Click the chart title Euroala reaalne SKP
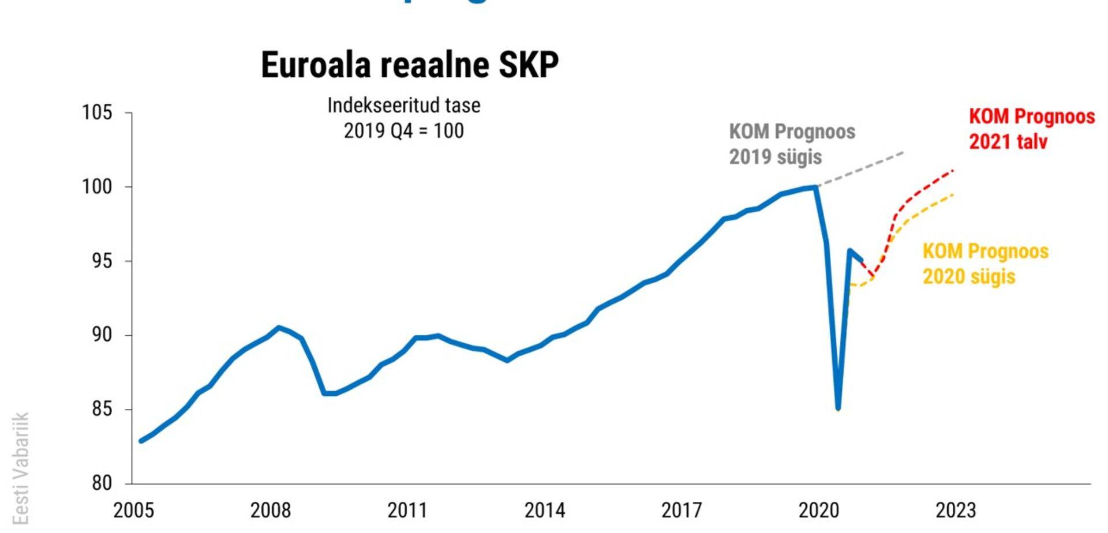(x=410, y=65)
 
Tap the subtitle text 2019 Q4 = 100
(x=403, y=131)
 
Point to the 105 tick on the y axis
(x=97, y=112)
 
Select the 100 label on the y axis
(x=97, y=186)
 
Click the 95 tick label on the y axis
(x=101, y=261)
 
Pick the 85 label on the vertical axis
(x=101, y=409)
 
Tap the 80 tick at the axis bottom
(x=101, y=483)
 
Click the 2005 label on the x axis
(x=133, y=510)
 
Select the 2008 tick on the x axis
(x=270, y=510)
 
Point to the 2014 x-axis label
(x=544, y=510)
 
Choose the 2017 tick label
(x=681, y=510)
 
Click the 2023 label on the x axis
(x=955, y=510)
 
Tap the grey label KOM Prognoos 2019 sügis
(x=792, y=144)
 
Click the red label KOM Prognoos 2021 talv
(x=1031, y=129)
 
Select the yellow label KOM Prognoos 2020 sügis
(x=985, y=264)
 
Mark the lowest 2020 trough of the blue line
(x=838, y=408)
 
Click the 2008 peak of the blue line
(x=279, y=328)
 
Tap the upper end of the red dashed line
(x=952, y=171)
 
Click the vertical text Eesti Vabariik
(x=21, y=468)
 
